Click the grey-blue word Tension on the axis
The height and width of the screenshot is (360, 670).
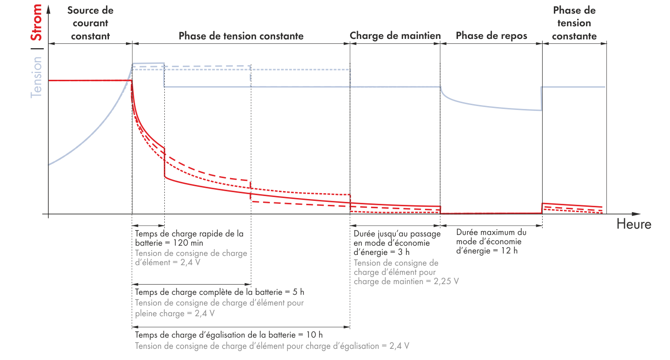[36, 77]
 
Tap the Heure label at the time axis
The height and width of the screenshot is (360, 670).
[634, 224]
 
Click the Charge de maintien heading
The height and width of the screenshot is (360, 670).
[395, 36]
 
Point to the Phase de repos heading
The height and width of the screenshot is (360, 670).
[491, 36]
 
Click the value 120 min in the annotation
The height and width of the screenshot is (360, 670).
[187, 243]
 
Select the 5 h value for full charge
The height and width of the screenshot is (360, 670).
[297, 292]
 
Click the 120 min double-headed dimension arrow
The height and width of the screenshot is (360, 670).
[148, 225]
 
